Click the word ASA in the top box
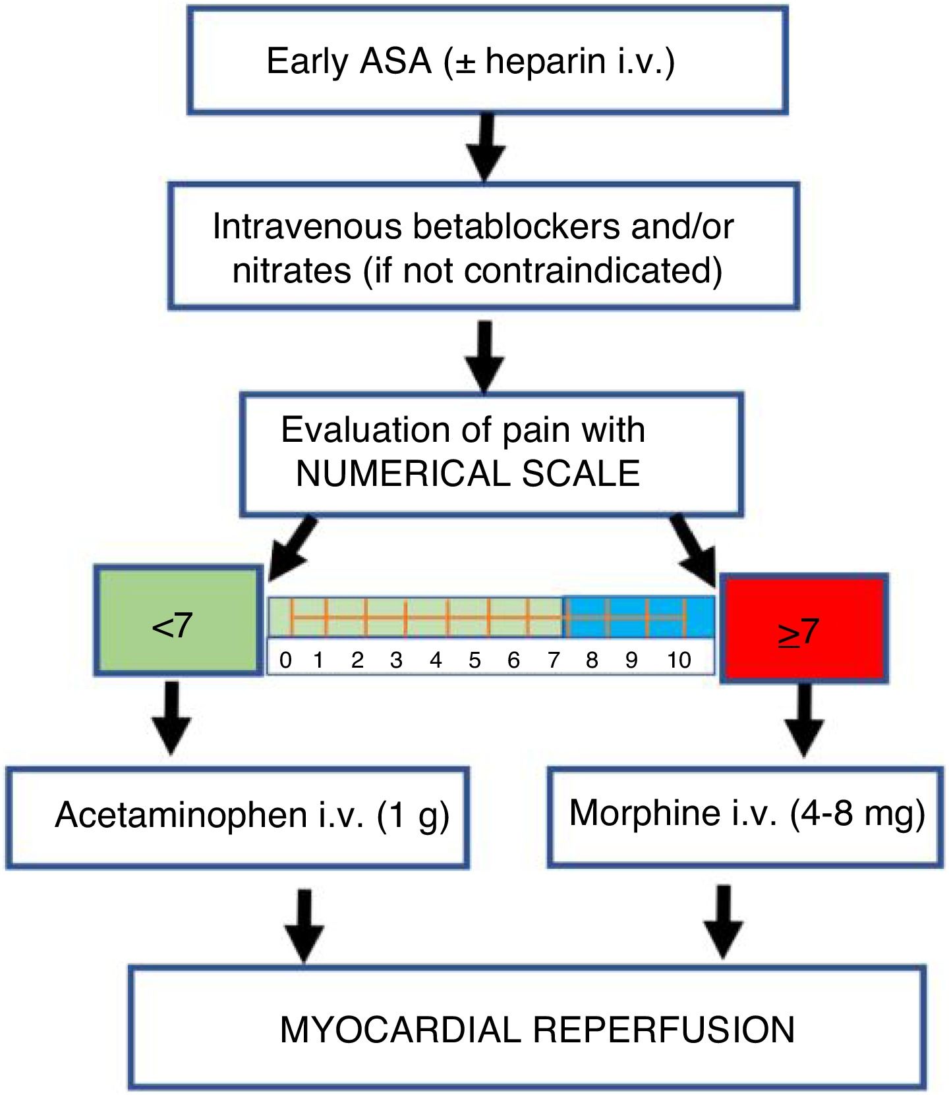pos(395,61)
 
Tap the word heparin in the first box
pos(546,62)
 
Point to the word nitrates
pos(292,271)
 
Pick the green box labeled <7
pos(179,620)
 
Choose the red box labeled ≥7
pos(803,628)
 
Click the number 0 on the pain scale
pos(285,660)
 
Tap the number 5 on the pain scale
pos(474,660)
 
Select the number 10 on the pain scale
pos(679,660)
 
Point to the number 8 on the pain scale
pos(592,660)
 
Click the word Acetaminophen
pos(181,815)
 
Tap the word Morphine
pos(645,813)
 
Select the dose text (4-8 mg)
pos(857,814)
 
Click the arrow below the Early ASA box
pos(485,147)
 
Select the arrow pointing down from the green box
pos(171,718)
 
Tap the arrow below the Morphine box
pos(724,922)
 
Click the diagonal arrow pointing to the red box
pos(693,549)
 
